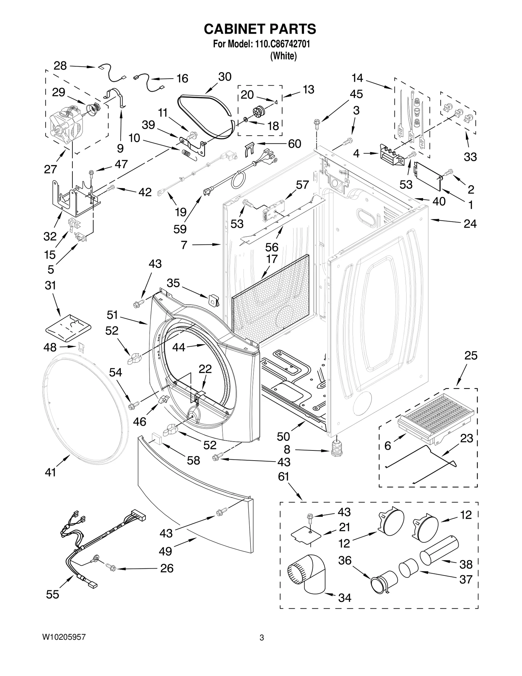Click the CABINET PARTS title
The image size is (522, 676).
(x=260, y=29)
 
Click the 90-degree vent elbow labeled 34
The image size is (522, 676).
(x=307, y=576)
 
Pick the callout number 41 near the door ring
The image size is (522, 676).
(x=51, y=472)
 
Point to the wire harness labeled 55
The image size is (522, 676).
(x=98, y=542)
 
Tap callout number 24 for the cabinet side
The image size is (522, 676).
(x=470, y=224)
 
